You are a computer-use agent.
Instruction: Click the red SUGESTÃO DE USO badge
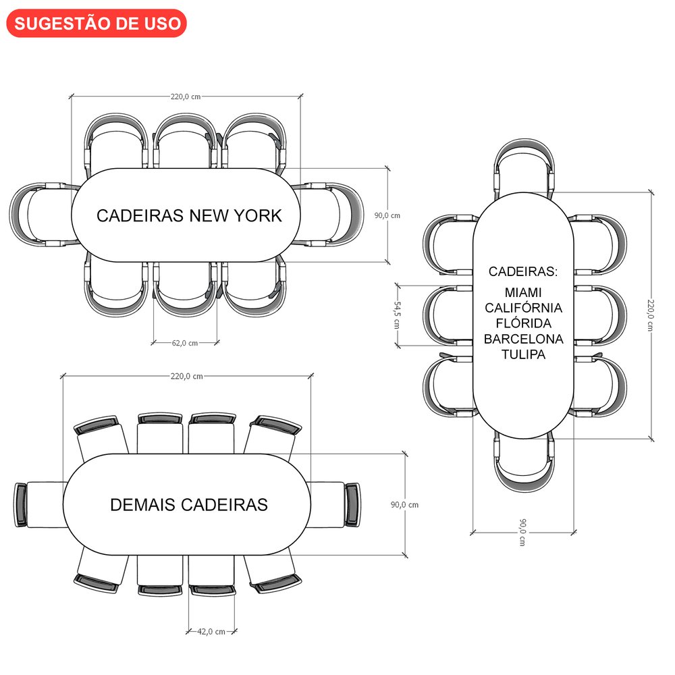click(x=97, y=23)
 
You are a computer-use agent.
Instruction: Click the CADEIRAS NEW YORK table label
click(x=188, y=216)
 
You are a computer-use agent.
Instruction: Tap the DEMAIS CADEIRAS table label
click(x=189, y=505)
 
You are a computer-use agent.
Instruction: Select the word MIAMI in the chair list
click(x=523, y=293)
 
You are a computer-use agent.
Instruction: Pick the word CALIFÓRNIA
click(x=523, y=308)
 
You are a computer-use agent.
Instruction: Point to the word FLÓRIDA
click(x=523, y=323)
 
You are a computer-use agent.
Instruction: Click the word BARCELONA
click(x=523, y=339)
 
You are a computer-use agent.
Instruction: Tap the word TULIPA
click(x=523, y=354)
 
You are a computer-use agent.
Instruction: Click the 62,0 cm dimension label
click(x=185, y=343)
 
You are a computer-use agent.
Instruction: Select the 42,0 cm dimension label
click(x=211, y=632)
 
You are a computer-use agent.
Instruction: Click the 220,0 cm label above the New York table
click(x=185, y=97)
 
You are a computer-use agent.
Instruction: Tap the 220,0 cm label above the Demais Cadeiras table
click(x=188, y=376)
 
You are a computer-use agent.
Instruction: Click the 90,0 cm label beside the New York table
click(x=387, y=215)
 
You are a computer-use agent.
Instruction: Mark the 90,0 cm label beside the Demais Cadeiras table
click(x=404, y=505)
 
